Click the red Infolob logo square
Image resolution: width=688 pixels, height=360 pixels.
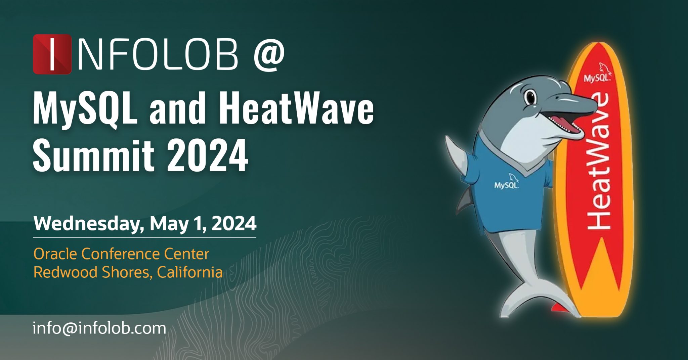coord(52,54)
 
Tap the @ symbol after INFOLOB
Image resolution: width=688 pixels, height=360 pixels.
coord(269,54)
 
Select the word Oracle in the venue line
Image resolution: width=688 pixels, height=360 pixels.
coord(55,254)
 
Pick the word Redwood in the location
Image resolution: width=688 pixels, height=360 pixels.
coord(66,272)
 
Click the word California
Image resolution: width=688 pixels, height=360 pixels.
coord(189,272)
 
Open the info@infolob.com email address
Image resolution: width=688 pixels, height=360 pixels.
coord(99,328)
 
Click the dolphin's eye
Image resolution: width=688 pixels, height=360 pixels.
coord(530,97)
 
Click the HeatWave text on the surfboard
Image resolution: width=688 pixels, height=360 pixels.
coord(598,161)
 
